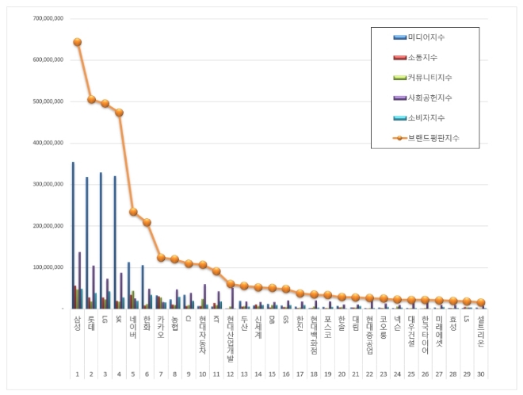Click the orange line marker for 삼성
point(77,42)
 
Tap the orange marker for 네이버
point(133,212)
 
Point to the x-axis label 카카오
point(161,325)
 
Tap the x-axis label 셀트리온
point(480,327)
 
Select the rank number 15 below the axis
point(272,373)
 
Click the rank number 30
point(480,373)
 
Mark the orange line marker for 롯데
point(91,99)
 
